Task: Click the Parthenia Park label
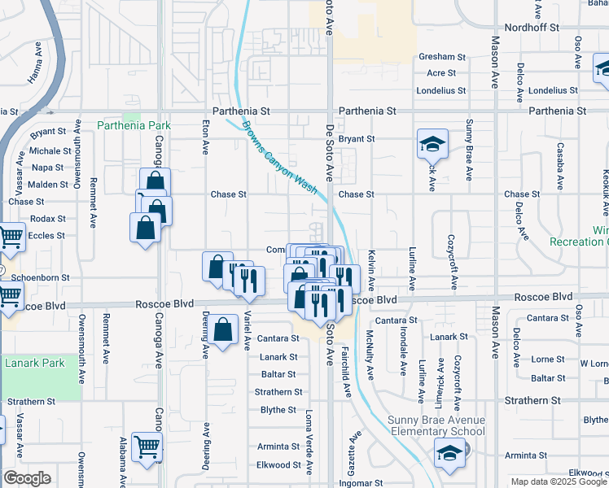click(x=134, y=125)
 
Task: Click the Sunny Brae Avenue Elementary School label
click(x=436, y=425)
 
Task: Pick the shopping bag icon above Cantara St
click(x=222, y=330)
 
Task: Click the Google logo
click(x=27, y=478)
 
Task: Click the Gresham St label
click(x=442, y=57)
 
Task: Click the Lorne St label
click(x=548, y=359)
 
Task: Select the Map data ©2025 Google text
click(x=558, y=481)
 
